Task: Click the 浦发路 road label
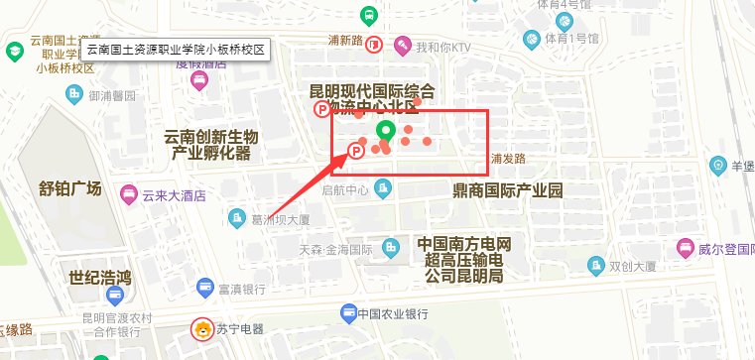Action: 507,159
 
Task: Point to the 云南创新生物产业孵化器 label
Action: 212,145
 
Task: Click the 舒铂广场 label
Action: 70,189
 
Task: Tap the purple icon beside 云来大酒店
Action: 127,195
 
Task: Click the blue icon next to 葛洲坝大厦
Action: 236,218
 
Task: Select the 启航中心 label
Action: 345,189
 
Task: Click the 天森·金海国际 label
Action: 335,248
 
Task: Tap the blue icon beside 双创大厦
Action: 594,266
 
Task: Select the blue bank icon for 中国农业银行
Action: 348,313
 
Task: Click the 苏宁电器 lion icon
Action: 201,328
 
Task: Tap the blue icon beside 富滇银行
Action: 204,289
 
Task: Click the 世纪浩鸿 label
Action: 100,276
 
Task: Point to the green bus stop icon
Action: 368,16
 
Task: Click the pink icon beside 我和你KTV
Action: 403,46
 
